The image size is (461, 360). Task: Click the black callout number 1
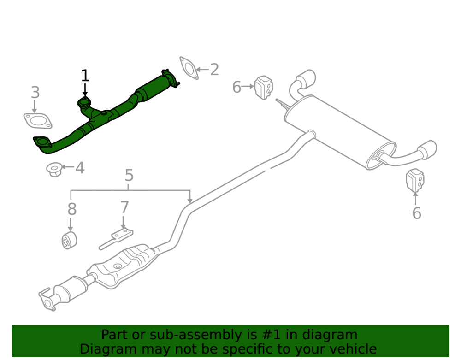[85, 76]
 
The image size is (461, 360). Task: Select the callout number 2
[214, 70]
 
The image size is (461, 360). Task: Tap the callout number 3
[35, 92]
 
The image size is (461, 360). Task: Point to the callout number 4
[80, 168]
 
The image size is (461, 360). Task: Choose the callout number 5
[129, 175]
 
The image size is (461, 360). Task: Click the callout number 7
[124, 207]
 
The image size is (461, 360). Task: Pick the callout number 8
[72, 209]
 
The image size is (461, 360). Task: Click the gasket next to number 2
[189, 68]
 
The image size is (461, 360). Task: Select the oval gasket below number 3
[38, 121]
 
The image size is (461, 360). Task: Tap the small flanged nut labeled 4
[54, 169]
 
